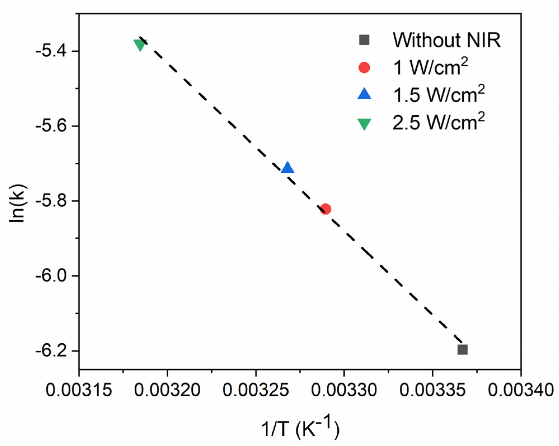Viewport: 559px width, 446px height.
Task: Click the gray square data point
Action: coord(462,350)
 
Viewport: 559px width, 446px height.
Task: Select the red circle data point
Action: coord(325,209)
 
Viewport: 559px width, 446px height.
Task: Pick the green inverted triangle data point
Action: coord(140,45)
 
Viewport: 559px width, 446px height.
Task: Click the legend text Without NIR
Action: coord(446,40)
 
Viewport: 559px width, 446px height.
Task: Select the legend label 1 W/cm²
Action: coord(430,67)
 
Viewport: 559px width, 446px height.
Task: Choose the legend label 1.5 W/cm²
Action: coord(438,94)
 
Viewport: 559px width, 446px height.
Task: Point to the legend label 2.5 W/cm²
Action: coord(438,122)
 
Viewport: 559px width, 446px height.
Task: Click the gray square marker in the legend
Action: coord(364,40)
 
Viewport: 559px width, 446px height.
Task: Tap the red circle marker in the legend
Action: coord(364,67)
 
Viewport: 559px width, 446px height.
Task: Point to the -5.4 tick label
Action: coord(51,51)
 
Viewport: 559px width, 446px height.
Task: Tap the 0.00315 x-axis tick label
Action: coord(79,390)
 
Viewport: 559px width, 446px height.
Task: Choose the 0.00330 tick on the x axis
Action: coord(344,390)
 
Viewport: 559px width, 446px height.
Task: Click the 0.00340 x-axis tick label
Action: coord(521,390)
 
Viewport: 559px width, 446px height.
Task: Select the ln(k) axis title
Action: coord(17,204)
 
